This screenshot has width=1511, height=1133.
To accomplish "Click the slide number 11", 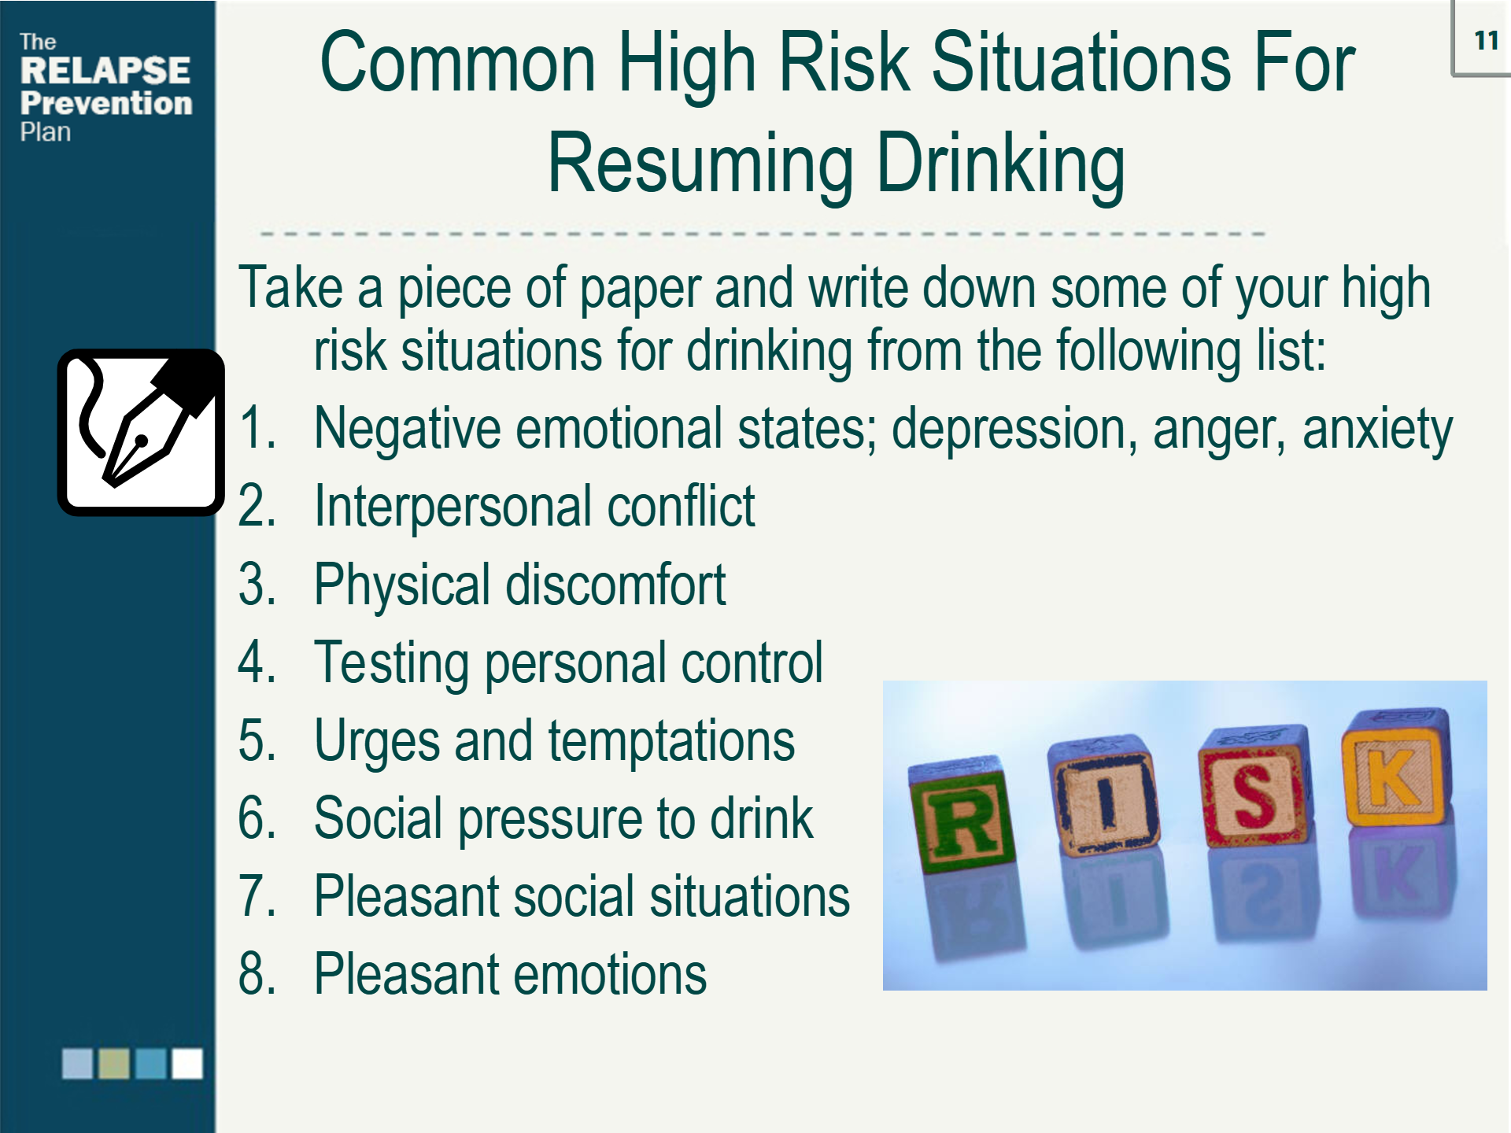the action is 1486,40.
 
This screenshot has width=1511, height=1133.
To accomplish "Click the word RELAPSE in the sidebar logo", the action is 105,70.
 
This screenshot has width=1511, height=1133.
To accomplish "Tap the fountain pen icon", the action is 141,433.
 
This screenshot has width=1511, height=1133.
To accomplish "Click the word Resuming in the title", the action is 700,165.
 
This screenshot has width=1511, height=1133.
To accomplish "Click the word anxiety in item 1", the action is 1377,430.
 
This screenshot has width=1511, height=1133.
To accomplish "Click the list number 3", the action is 257,584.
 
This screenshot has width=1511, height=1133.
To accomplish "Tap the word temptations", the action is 671,740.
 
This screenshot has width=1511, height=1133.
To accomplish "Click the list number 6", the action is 257,817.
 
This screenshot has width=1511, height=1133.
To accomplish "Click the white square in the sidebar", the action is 187,1064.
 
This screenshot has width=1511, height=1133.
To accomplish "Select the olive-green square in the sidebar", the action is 114,1064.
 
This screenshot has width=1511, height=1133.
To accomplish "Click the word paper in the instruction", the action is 639,290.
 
